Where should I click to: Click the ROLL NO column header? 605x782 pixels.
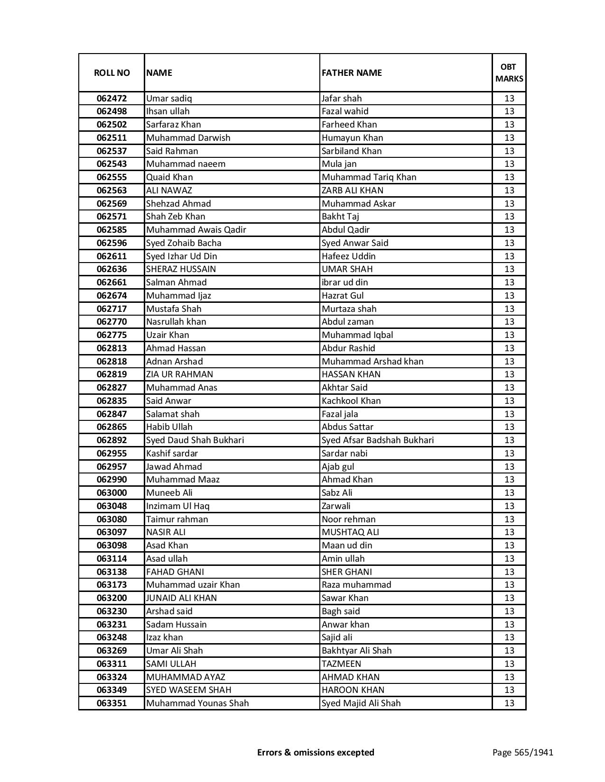point(112,73)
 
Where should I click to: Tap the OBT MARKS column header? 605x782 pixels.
point(509,73)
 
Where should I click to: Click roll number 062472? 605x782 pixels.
point(112,99)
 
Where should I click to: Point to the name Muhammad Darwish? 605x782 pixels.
point(188,138)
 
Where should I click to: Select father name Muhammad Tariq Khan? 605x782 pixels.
point(369,177)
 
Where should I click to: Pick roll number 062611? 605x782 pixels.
point(112,256)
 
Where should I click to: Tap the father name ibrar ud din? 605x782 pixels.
point(344,282)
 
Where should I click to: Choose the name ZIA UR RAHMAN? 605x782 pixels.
point(179,374)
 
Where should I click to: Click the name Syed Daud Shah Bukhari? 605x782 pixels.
point(195,440)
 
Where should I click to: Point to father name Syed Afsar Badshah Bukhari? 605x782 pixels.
point(377,440)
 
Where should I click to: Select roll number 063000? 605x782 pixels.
point(112,493)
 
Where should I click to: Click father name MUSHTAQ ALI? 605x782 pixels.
point(350,532)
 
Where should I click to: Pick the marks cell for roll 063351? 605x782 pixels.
point(509,703)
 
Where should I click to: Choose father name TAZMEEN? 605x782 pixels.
point(341,664)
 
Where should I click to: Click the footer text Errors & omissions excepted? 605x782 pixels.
point(316,752)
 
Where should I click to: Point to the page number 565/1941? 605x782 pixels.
point(522,752)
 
